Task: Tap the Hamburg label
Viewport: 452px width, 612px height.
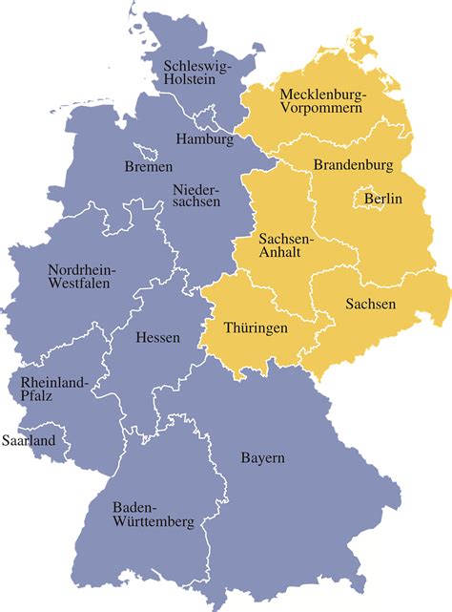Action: coord(204,139)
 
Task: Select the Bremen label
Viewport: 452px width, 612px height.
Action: coord(149,167)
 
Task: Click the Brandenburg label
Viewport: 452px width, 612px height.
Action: coord(353,165)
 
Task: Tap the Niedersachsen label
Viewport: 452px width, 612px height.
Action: coord(196,195)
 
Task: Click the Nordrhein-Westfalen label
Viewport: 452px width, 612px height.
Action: coord(81,276)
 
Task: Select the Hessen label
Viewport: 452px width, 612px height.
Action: coord(157,337)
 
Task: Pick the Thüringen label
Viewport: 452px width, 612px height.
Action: coord(255,327)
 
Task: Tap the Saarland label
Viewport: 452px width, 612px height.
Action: coord(29,441)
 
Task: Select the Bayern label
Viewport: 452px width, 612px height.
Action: coord(262,458)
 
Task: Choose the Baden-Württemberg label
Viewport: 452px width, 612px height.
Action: coord(153,515)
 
